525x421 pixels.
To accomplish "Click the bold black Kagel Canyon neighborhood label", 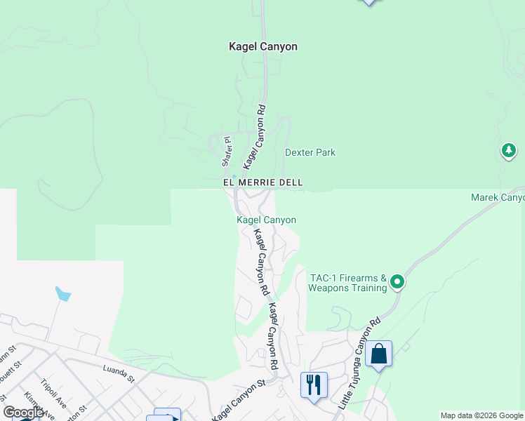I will (263, 46).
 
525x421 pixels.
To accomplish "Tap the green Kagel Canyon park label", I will (266, 220).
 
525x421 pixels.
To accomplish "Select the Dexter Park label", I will (310, 152).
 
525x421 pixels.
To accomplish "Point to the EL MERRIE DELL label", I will (263, 182).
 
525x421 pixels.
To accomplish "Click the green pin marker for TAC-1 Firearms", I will (397, 282).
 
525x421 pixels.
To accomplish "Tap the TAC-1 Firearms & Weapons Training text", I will (348, 283).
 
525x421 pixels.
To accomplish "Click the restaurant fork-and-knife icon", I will (313, 385).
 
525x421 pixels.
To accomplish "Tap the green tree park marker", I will (509, 150).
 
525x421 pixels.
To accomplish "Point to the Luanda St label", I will (118, 373).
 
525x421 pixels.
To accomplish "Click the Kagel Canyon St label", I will (241, 399).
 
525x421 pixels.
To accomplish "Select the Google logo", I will (23, 413).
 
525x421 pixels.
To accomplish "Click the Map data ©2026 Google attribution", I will (481, 415).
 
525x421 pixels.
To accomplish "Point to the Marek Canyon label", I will (497, 197).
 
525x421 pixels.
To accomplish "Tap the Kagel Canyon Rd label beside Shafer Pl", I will (254, 137).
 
